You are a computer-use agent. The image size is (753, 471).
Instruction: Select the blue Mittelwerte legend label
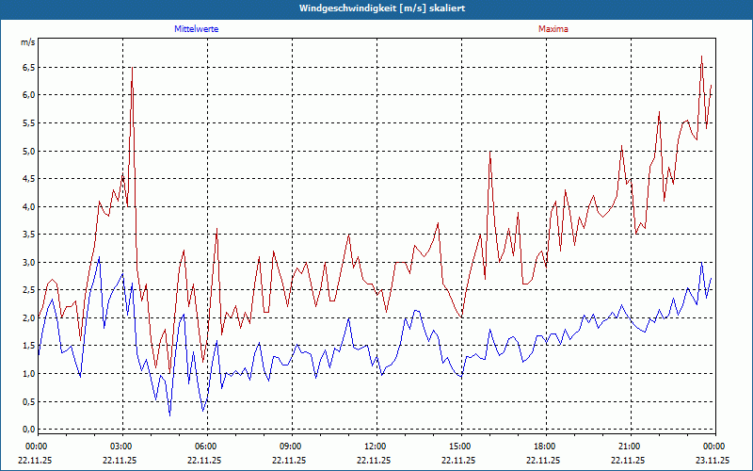click(x=197, y=29)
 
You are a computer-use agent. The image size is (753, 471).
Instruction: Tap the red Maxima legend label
click(x=553, y=29)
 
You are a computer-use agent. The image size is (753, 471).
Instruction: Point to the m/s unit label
click(x=28, y=43)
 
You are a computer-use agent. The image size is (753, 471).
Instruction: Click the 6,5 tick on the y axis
click(x=28, y=68)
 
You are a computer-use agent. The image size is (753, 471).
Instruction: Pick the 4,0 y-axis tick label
click(x=28, y=207)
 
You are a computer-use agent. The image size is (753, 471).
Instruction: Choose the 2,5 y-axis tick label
click(x=28, y=290)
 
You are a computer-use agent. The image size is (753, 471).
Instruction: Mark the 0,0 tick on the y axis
click(x=28, y=430)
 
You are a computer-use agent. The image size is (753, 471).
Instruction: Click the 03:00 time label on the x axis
click(x=121, y=446)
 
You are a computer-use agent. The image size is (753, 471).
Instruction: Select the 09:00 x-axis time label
click(x=291, y=446)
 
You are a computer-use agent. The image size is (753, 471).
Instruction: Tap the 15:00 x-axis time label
click(x=460, y=446)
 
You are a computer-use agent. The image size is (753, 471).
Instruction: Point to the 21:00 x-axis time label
click(x=630, y=446)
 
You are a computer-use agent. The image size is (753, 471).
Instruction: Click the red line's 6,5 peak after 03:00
click(x=132, y=68)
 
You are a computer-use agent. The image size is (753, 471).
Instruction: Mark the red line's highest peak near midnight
click(x=702, y=57)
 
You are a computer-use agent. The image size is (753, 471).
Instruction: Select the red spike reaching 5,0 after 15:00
click(x=490, y=152)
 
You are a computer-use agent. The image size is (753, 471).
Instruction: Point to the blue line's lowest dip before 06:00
click(x=170, y=414)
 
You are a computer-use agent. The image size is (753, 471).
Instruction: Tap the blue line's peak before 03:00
click(x=99, y=257)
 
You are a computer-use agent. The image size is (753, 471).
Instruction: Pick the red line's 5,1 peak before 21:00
click(x=622, y=146)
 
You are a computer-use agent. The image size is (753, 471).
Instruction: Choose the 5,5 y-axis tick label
click(x=28, y=123)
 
